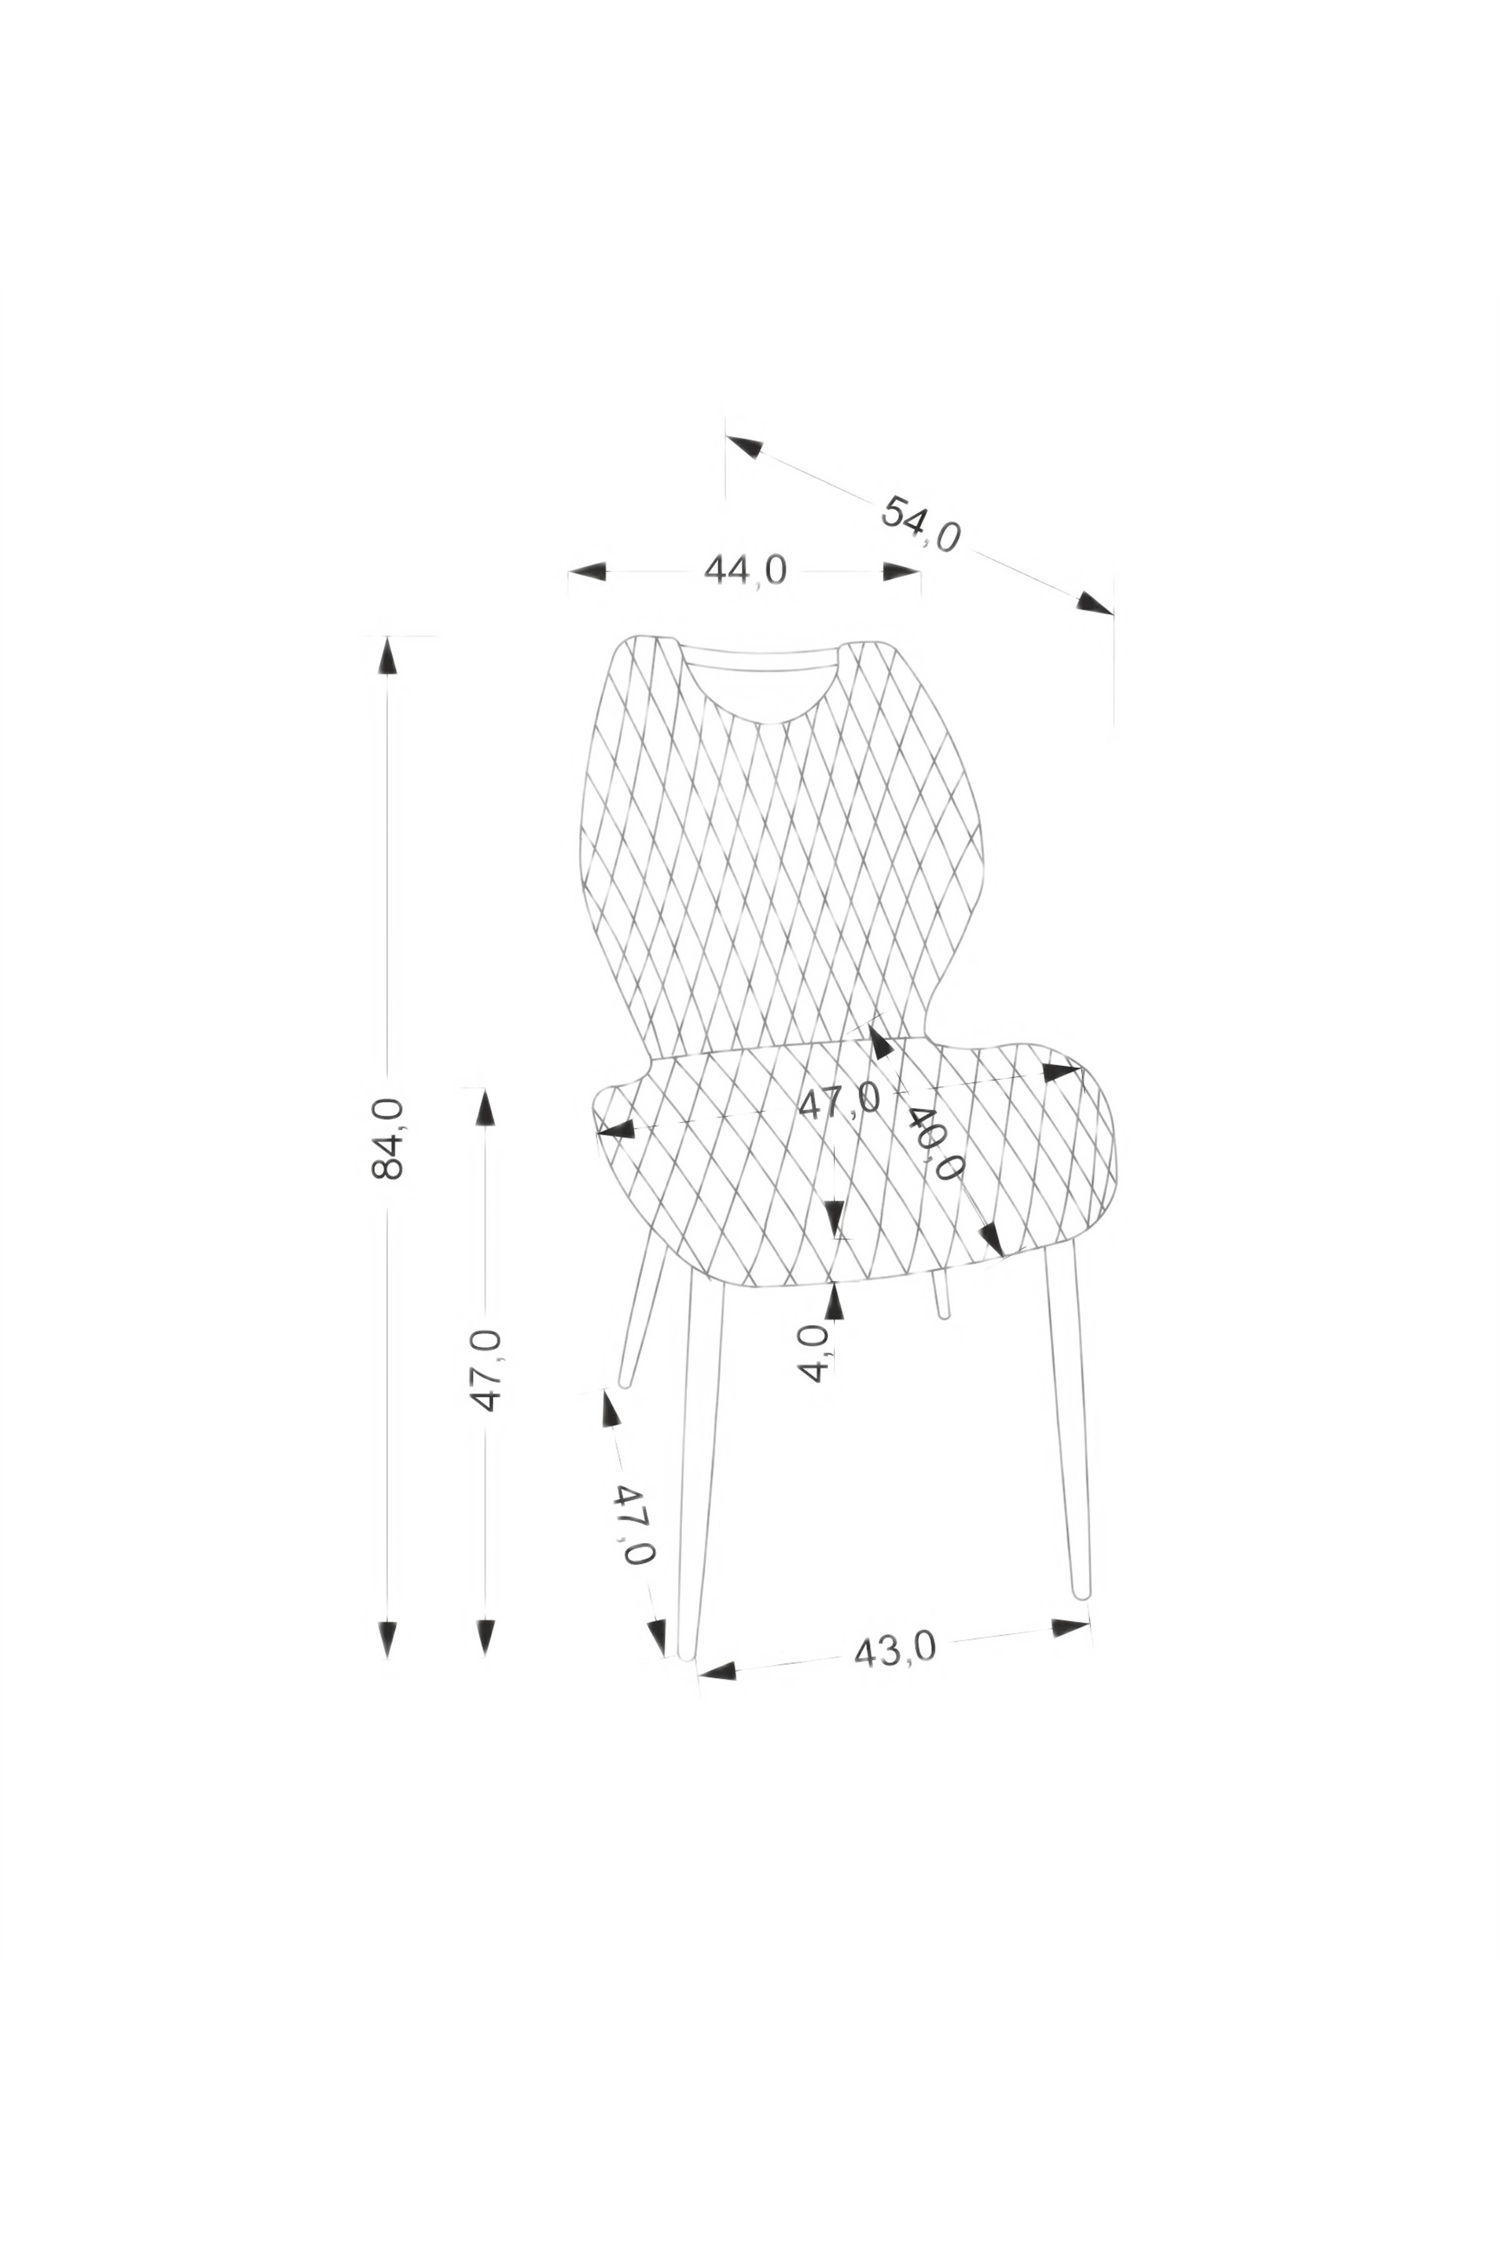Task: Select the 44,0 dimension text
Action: coord(745,571)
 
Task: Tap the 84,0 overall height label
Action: coord(387,1138)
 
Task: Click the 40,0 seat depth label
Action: coord(936,1144)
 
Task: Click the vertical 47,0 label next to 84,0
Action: coord(486,1371)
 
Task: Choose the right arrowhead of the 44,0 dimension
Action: coord(901,572)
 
